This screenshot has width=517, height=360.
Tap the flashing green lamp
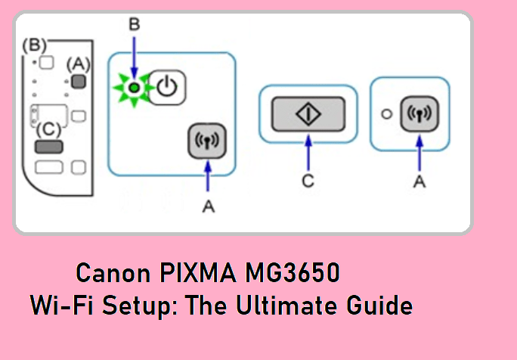coord(133,88)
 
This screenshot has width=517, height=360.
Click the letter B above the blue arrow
coord(134,25)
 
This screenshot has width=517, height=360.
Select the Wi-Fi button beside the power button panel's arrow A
coord(206,141)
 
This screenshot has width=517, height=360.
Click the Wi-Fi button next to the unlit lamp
coord(419,114)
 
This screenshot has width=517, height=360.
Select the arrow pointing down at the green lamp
coord(134,57)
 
